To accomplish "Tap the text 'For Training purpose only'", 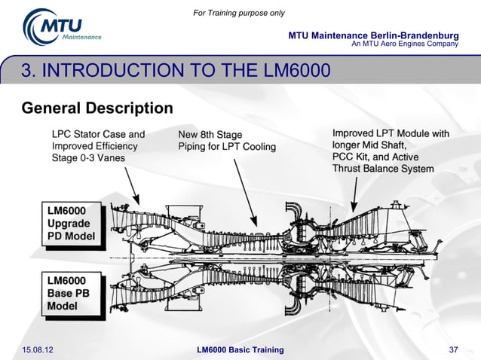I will click(x=239, y=13).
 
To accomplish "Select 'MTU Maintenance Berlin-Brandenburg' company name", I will click(x=373, y=36).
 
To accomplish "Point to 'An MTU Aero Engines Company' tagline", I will click(x=405, y=44).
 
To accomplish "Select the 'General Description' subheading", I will click(x=97, y=108).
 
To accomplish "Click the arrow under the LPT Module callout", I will click(x=355, y=194).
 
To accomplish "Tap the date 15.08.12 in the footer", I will click(x=38, y=349).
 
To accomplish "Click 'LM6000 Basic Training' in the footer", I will click(x=240, y=349).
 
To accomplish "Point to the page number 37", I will click(x=453, y=349).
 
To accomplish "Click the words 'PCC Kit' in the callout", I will click(x=351, y=157).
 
